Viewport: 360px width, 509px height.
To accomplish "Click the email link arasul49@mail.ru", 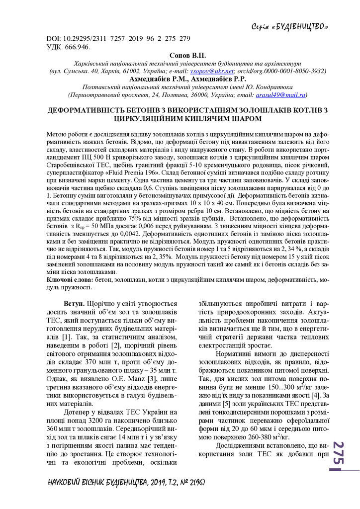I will point(281,94).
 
